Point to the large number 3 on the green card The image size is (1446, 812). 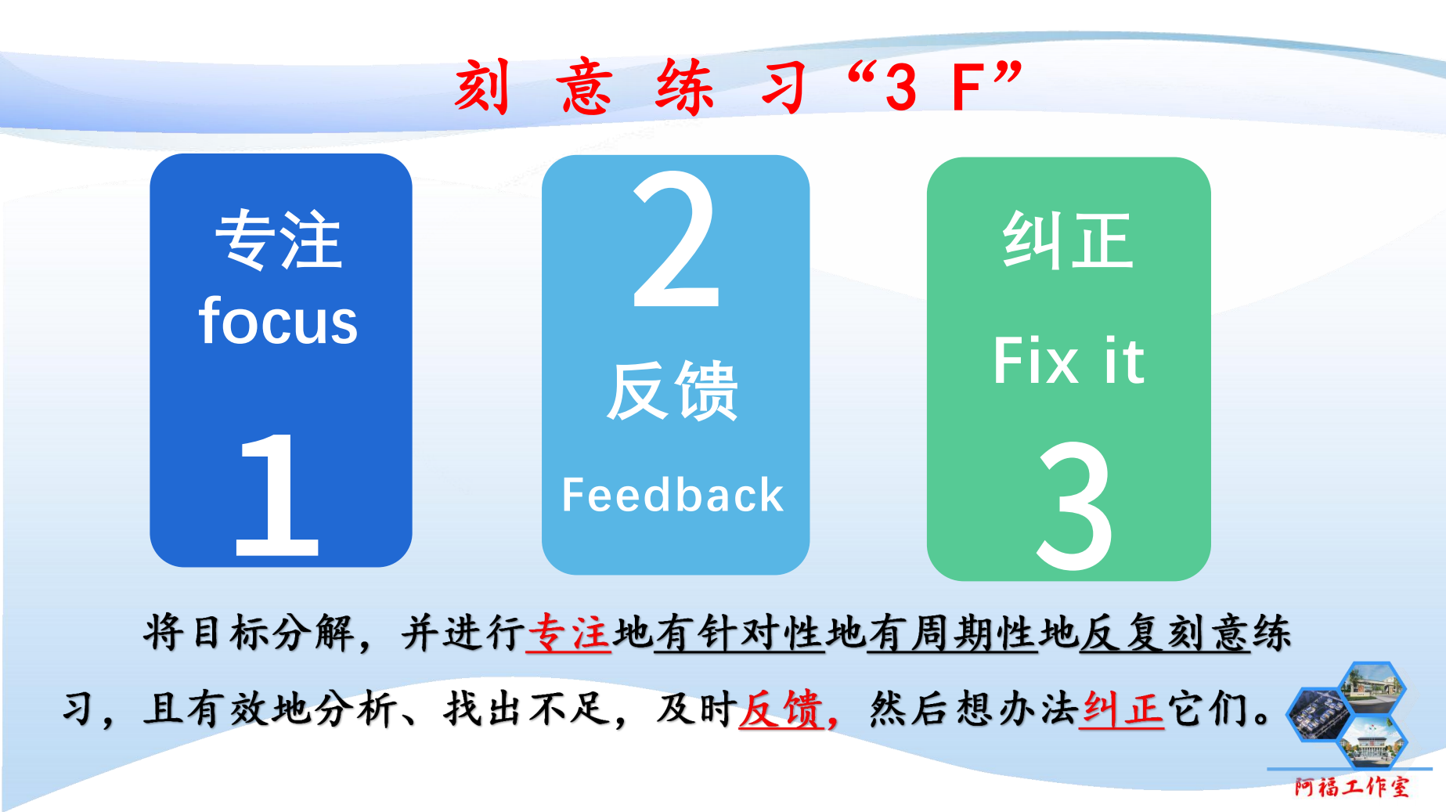1074,505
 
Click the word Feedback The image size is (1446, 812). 673,495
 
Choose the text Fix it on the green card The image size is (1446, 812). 1069,361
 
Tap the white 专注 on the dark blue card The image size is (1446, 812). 279,240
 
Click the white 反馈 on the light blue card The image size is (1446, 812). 673,391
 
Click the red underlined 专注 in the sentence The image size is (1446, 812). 569,633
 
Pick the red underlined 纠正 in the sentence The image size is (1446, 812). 1121,709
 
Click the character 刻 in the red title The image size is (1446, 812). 482,86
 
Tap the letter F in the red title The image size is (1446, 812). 968,88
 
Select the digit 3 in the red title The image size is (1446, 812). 901,88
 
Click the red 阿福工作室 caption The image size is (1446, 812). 1351,786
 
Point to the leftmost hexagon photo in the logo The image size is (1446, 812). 1319,714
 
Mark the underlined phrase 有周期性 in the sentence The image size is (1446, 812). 952,633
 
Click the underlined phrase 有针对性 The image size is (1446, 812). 739,633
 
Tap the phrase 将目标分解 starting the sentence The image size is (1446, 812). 249,633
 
